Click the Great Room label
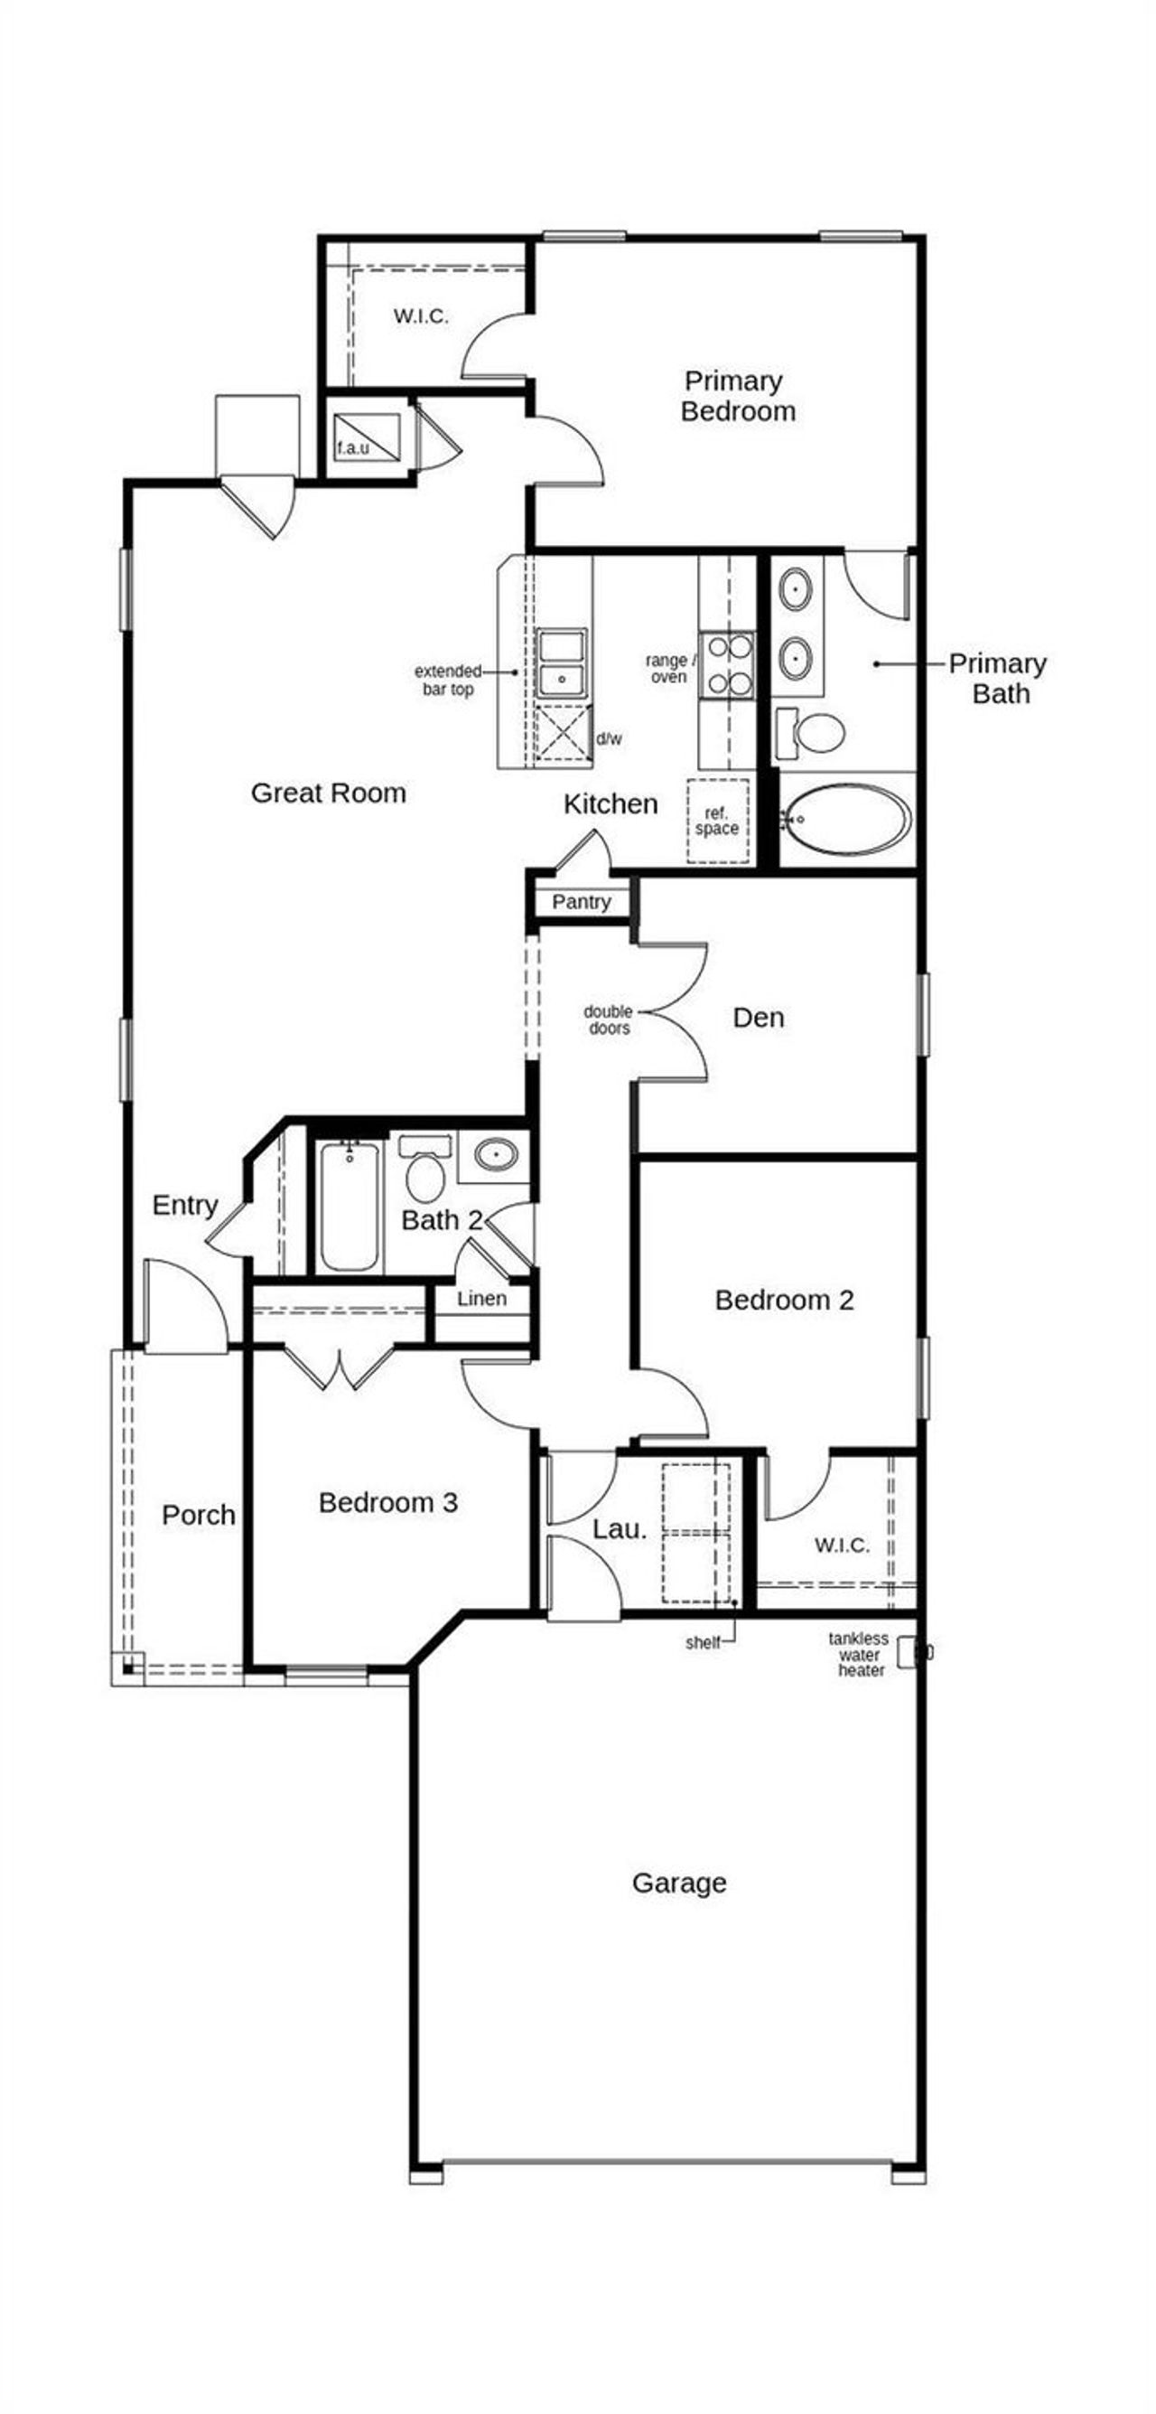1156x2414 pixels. point(328,793)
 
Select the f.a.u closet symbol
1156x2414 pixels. point(368,437)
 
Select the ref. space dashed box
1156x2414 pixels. point(718,821)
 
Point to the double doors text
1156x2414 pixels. point(609,1019)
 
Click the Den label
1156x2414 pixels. point(758,1018)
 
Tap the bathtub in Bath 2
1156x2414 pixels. point(348,1206)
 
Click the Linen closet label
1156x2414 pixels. point(481,1299)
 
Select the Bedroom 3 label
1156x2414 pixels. point(387,1502)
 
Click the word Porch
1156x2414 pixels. point(198,1515)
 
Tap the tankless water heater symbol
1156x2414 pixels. point(907,1653)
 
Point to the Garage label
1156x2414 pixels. point(678,1883)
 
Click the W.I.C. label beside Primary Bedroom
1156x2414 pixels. point(421,315)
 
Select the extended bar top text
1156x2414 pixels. point(448,681)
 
